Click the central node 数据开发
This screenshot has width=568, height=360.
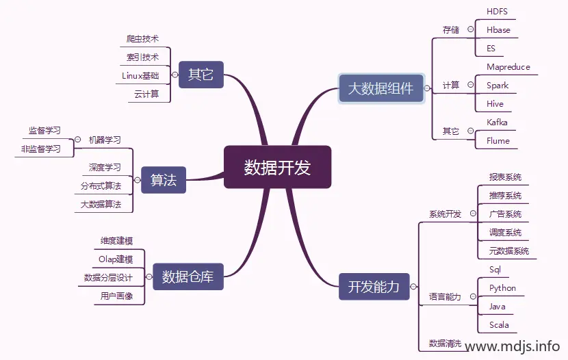pyautogui.click(x=277, y=167)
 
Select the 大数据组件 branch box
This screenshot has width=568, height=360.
pyautogui.click(x=380, y=88)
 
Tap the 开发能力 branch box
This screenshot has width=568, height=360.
pyautogui.click(x=374, y=287)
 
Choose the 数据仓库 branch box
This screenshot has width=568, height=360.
pyautogui.click(x=188, y=277)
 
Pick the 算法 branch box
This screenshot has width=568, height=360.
pyautogui.click(x=164, y=180)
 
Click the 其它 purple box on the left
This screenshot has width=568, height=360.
pyautogui.click(x=201, y=74)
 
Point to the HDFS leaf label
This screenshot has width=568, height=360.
pyautogui.click(x=497, y=12)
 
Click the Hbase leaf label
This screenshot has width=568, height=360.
pyautogui.click(x=498, y=30)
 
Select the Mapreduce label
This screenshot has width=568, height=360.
pyautogui.click(x=508, y=67)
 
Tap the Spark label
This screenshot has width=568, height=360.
pyautogui.click(x=498, y=86)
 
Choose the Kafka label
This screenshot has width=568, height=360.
pyautogui.click(x=497, y=123)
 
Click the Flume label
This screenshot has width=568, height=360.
pyautogui.click(x=498, y=141)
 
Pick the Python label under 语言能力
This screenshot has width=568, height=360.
pyautogui.click(x=502, y=288)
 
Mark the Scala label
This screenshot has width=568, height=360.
pyautogui.click(x=499, y=325)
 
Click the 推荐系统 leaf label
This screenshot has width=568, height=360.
pyautogui.click(x=505, y=196)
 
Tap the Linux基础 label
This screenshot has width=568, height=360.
pyautogui.click(x=140, y=75)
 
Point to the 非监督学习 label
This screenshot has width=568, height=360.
pyautogui.click(x=40, y=149)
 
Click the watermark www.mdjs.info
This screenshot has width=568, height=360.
pyautogui.click(x=512, y=346)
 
